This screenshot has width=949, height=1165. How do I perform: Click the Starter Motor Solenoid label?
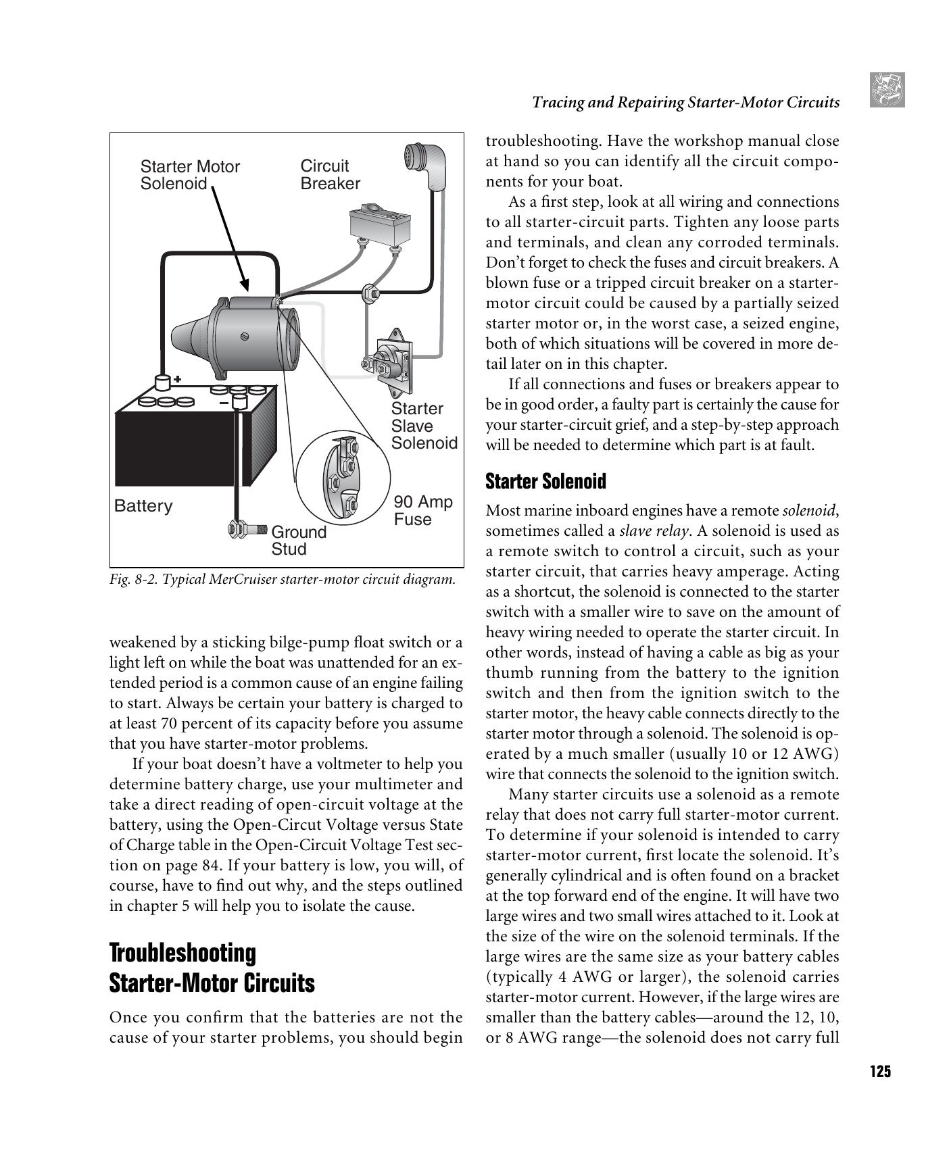coord(189,175)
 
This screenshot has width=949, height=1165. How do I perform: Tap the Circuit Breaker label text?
coord(330,175)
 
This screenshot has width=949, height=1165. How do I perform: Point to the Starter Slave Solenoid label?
coord(424,426)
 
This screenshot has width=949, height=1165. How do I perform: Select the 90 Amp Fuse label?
coord(422,510)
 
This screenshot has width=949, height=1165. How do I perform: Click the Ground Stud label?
coord(298,540)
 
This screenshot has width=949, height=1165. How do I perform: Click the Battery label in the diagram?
coord(143,506)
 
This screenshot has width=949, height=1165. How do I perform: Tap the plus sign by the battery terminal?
coord(178,379)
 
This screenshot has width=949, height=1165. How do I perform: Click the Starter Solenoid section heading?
coord(545,481)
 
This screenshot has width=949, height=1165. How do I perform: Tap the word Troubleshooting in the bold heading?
coord(182,953)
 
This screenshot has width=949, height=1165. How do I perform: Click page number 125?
coord(880,1072)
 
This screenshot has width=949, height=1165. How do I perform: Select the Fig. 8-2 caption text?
coord(282,580)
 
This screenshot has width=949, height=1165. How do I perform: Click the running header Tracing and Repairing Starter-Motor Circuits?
coord(685,103)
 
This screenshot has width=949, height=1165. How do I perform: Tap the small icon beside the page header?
coord(886,90)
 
